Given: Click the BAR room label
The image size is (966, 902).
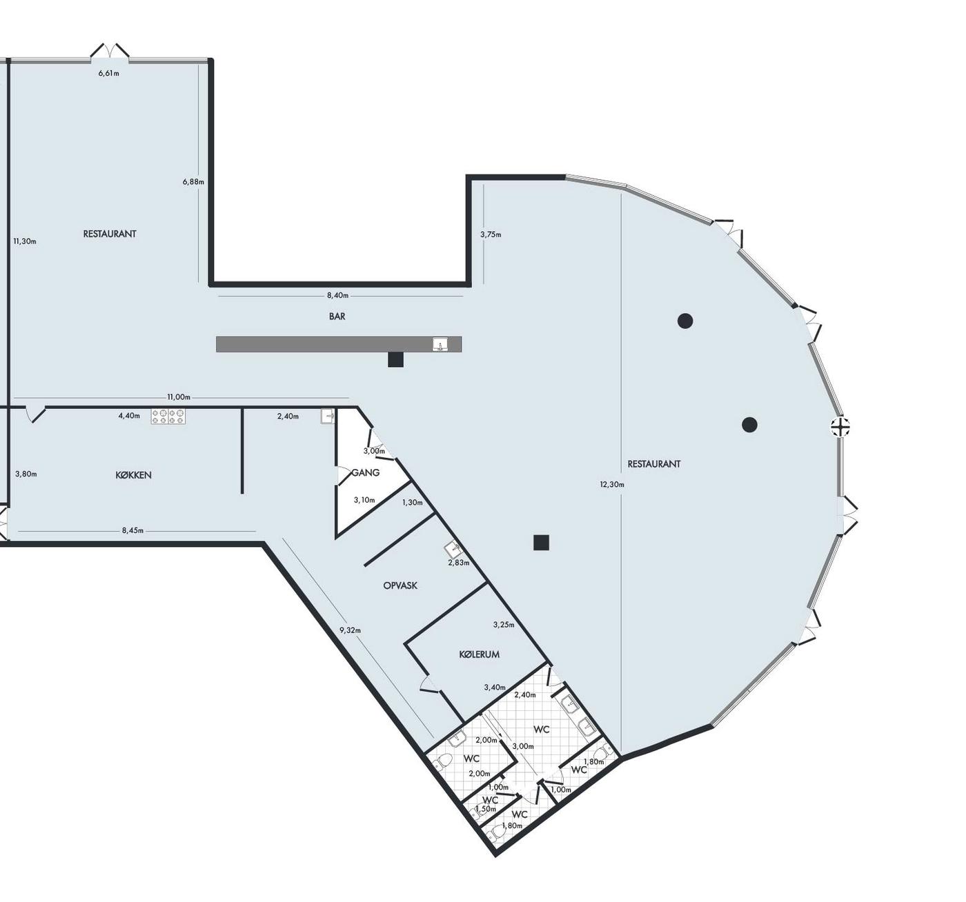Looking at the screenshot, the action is pos(337,317).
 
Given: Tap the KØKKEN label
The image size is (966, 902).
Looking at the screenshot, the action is pos(133,475).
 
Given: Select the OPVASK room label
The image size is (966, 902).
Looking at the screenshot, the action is pos(400,585).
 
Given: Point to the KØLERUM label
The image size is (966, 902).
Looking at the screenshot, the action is pos(479,654).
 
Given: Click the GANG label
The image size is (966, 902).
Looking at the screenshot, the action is pos(365,472).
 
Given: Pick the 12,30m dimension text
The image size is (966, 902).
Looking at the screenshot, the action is pos(613,484).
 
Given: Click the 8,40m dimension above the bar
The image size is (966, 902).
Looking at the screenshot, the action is pos(337,295).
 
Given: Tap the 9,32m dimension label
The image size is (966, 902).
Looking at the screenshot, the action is pos(351,630).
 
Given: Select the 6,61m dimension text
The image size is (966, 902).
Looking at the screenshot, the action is pos(108,73).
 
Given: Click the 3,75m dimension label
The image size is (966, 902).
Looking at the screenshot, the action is pos(491,234).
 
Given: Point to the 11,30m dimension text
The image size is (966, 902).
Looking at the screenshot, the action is pos(25,241).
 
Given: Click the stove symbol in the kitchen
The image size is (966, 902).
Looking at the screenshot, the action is pos(168,417).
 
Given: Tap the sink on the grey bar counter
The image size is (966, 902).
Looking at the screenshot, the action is pos(440,344).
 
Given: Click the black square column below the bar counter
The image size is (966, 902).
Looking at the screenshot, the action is pos(395,359).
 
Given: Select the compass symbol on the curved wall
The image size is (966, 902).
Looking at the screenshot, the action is pos(840,427).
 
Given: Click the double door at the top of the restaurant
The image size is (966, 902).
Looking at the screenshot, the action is pos(110,52).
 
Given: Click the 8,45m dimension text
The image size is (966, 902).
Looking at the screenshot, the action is pos(132,530).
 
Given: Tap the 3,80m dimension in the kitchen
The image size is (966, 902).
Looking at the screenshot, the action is pos(26,474).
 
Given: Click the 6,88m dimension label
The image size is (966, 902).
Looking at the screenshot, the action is pos(193,182).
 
